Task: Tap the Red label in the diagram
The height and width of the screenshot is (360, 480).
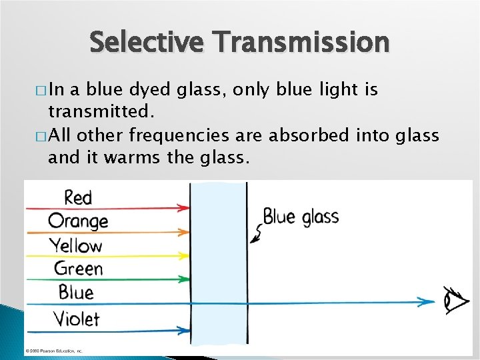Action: pos(78,197)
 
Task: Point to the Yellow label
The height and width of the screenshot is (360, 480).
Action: pos(75,245)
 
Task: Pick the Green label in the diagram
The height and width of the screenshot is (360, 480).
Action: pos(78,269)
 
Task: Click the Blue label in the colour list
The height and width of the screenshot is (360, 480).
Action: pos(76,292)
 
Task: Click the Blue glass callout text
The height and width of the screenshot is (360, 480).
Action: pos(301,217)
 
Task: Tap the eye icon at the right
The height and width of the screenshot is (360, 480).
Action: pos(457,301)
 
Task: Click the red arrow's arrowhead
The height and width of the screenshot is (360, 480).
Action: pos(185,208)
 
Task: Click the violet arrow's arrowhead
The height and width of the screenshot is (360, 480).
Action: pos(185,330)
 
